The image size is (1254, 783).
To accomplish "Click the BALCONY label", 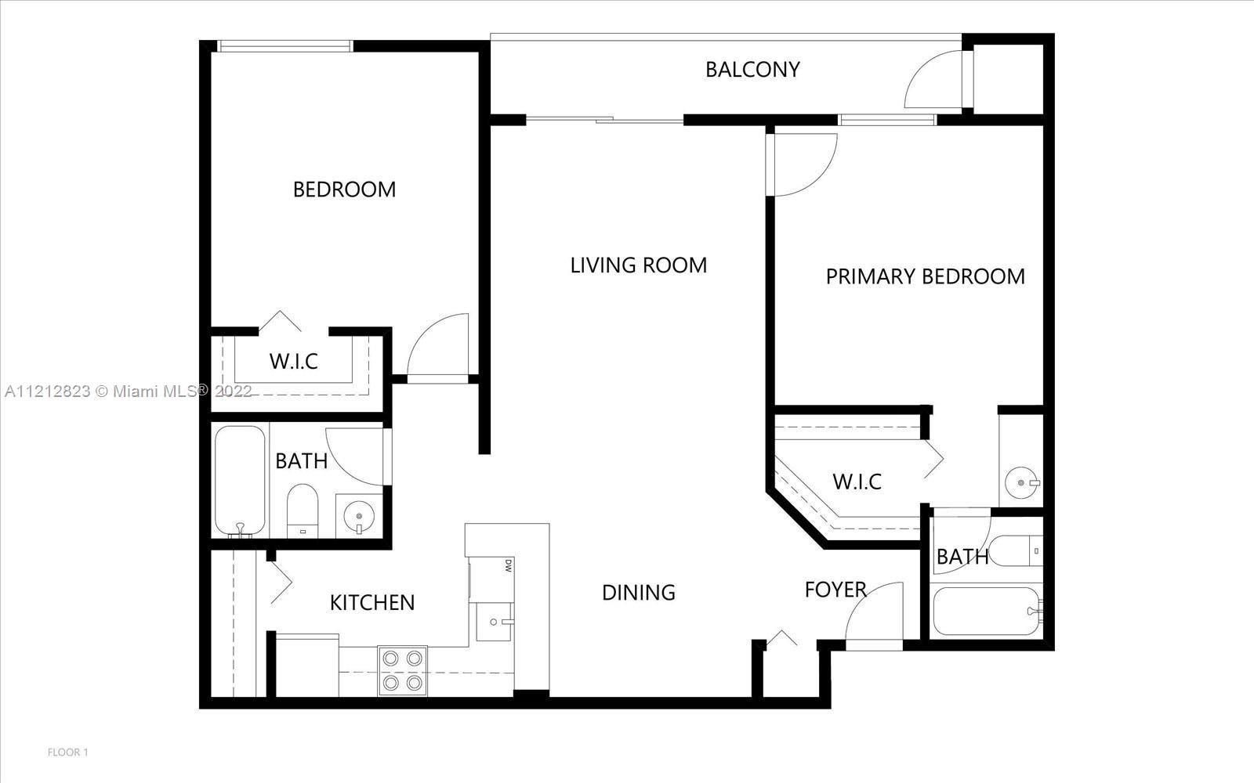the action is (x=752, y=70).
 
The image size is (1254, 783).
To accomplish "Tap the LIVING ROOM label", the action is (x=639, y=265).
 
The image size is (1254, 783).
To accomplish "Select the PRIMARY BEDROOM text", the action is (x=926, y=276).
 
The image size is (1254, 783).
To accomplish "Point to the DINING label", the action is (x=639, y=592).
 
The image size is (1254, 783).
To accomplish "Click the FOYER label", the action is (x=835, y=590).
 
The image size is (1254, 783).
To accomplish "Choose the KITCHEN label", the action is (x=372, y=602).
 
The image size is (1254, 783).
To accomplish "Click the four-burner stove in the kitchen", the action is (x=403, y=670).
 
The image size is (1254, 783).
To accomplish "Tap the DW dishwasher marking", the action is (x=509, y=565).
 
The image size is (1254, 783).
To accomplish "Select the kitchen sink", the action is (x=494, y=622).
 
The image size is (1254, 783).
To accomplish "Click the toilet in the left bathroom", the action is (x=303, y=511).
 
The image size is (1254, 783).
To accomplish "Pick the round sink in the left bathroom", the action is (x=358, y=516).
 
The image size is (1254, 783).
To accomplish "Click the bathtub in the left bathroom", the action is (x=240, y=481).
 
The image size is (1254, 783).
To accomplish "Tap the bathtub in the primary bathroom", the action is (x=987, y=611).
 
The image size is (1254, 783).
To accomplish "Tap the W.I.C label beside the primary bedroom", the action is (x=857, y=482).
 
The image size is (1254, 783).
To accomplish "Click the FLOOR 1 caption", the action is (x=67, y=752).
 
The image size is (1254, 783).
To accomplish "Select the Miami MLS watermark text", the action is (x=129, y=391).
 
